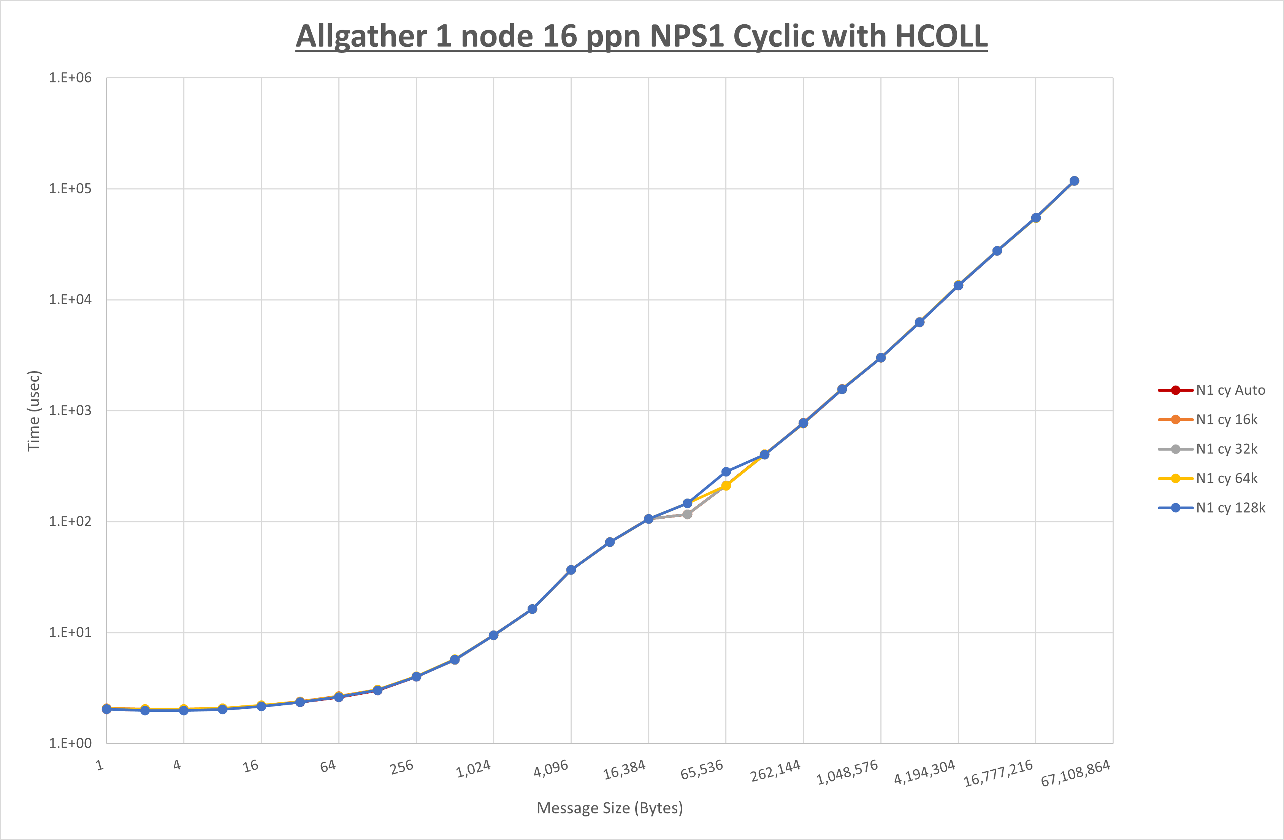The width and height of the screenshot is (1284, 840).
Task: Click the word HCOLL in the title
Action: point(940,37)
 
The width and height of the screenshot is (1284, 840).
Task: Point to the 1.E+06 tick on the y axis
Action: point(70,78)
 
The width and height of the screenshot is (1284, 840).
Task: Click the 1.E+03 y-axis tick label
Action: point(70,410)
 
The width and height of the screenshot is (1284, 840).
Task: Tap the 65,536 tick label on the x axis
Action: point(701,770)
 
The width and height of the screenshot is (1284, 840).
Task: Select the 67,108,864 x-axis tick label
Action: point(1075,773)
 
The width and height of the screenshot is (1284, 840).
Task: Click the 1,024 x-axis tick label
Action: point(474,769)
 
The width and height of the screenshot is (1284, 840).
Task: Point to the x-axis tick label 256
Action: point(402,767)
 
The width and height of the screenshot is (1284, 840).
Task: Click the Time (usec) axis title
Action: point(33,410)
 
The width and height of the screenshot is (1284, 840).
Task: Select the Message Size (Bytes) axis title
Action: point(610,808)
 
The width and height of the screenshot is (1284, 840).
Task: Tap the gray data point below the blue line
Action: point(687,514)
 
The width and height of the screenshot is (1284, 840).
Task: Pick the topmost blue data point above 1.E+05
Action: point(1074,181)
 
